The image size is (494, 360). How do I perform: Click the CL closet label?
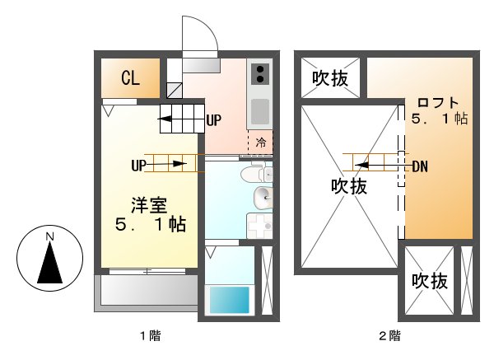point(130,78)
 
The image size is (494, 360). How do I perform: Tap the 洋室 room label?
point(149,203)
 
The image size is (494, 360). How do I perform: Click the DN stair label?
point(420,166)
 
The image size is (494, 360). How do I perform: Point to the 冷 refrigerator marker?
point(261,142)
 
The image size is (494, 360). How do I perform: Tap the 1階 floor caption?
point(149,335)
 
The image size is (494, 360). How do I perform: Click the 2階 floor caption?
point(389,335)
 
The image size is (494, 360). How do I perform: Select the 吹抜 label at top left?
point(329,78)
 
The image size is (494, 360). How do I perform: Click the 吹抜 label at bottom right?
point(430,282)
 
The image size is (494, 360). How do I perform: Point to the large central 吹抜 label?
point(349,186)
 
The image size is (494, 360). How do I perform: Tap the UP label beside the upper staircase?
point(214,120)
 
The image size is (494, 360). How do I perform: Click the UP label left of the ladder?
point(138,165)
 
